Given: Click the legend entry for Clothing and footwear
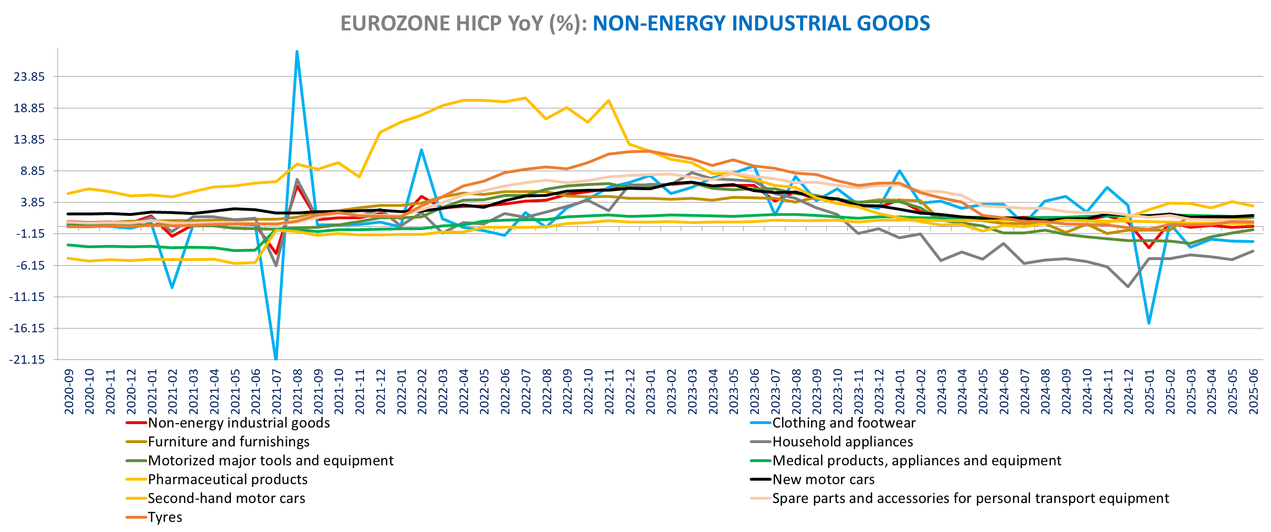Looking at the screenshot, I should [843, 423].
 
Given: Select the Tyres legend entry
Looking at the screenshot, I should [165, 517].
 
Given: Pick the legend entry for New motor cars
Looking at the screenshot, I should [823, 480].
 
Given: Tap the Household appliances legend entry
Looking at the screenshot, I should [842, 442].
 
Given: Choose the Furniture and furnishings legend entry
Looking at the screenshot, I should [229, 442].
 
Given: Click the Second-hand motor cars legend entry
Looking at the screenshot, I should [226, 498].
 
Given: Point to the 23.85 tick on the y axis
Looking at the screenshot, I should [29, 77].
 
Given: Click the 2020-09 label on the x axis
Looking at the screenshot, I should [69, 392].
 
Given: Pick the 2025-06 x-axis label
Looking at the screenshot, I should [1253, 392].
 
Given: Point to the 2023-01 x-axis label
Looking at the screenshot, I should [651, 392].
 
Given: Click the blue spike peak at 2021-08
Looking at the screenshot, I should [296, 51].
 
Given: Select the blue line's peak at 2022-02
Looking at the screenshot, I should [421, 150].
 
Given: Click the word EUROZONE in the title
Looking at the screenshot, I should [393, 24].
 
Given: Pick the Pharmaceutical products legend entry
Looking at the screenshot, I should [228, 480].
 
